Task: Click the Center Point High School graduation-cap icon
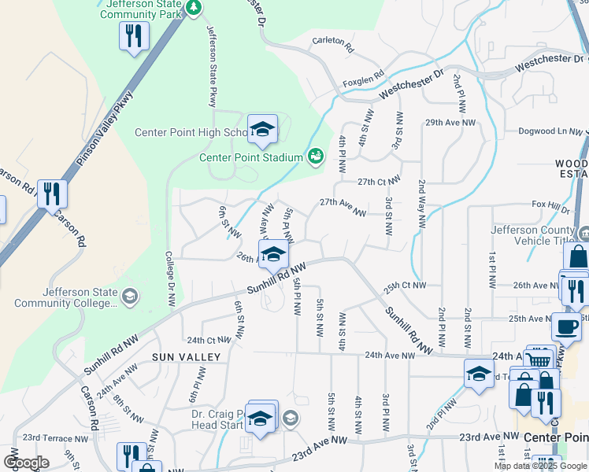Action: click(262, 128)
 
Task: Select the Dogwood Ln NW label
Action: click(547, 131)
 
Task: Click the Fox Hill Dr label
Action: click(550, 206)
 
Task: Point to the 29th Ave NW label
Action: click(450, 123)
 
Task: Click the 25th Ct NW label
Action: click(406, 285)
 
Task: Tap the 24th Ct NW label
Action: click(209, 340)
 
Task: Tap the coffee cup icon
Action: click(565, 326)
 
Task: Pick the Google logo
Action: click(26, 463)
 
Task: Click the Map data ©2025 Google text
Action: click(539, 466)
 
